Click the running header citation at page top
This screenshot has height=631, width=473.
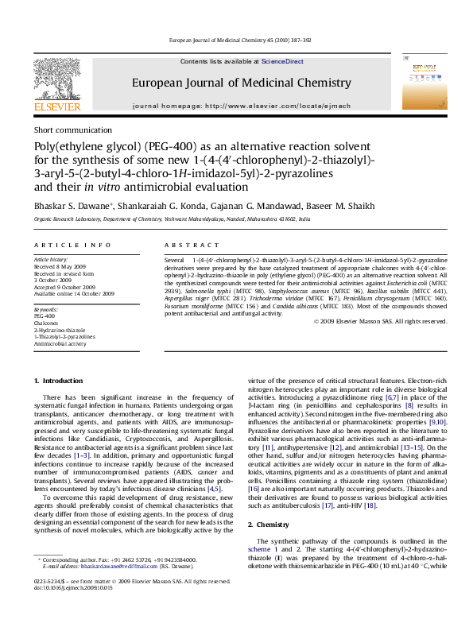(236, 40)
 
